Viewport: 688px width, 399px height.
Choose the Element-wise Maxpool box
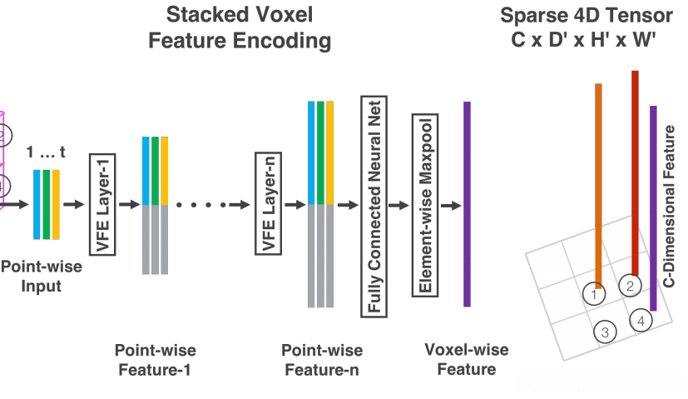tap(424, 205)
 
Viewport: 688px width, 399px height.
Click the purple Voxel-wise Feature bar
tap(467, 203)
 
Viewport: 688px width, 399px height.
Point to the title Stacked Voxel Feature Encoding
tap(239, 27)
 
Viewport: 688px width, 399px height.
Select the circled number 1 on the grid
tap(593, 293)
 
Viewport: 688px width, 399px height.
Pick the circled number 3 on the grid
tap(605, 332)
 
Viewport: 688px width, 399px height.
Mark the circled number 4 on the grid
tap(640, 320)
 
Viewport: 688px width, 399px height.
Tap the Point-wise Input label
tap(31, 277)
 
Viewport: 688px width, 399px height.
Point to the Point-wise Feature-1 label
tap(155, 359)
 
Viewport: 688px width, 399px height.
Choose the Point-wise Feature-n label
tap(321, 359)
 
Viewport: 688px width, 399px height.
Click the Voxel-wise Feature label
tap(467, 359)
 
